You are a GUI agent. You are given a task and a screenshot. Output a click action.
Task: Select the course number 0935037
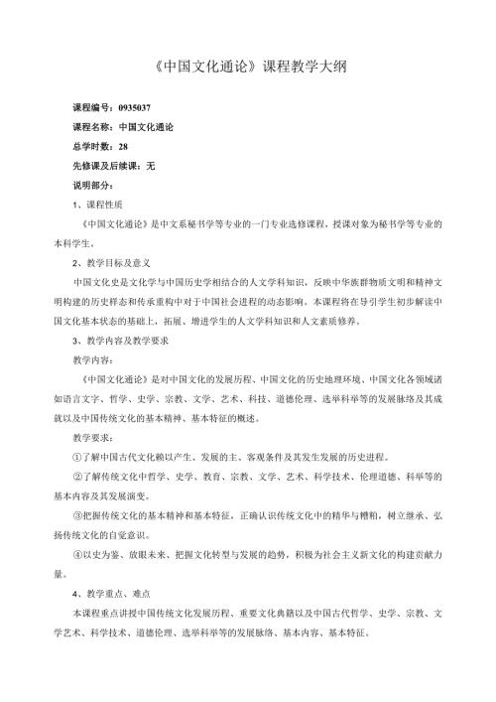coord(135,107)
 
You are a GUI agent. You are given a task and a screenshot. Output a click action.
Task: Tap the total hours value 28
coord(122,145)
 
